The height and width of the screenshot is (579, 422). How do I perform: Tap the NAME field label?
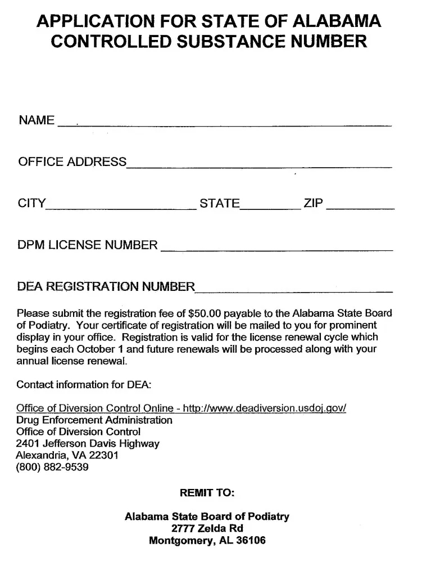click(x=37, y=120)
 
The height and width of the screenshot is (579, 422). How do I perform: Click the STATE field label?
click(x=220, y=204)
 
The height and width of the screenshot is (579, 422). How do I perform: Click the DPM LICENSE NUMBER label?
click(x=88, y=245)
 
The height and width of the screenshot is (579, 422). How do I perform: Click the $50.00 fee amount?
click(x=208, y=313)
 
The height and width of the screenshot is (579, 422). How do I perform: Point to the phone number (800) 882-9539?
click(x=52, y=467)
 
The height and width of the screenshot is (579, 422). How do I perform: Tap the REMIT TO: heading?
click(x=207, y=492)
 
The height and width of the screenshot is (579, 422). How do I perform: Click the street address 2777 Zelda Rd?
click(x=207, y=529)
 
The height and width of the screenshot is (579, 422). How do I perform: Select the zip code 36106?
click(x=251, y=541)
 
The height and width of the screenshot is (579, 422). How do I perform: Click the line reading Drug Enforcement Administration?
click(x=94, y=420)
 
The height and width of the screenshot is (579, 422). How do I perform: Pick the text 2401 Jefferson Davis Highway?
click(x=88, y=443)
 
